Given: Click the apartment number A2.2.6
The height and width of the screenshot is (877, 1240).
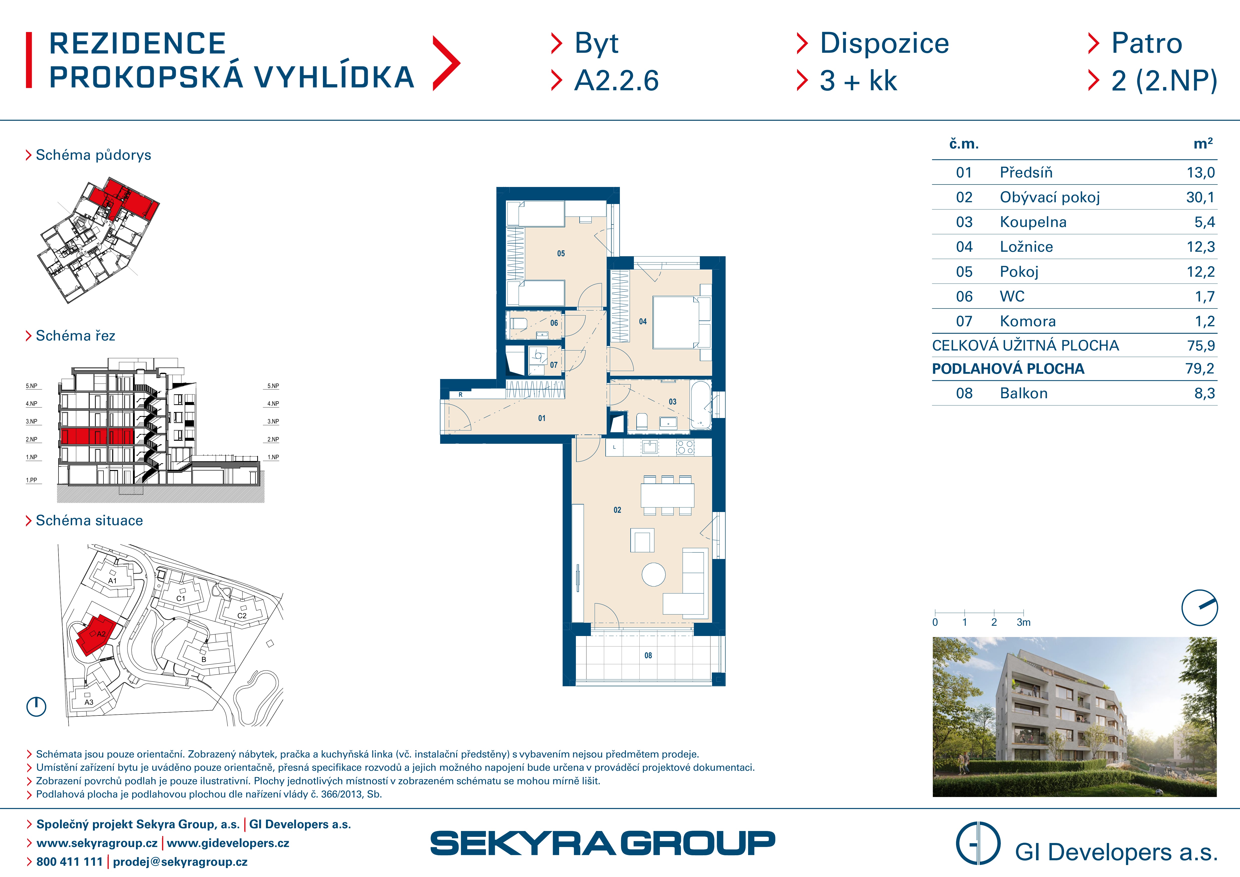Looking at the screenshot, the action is (x=616, y=81).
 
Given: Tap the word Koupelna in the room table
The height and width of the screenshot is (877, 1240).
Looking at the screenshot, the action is (x=1033, y=222).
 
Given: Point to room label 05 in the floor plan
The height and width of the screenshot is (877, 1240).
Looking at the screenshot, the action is (x=561, y=253).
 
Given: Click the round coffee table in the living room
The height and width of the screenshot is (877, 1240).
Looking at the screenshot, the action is (x=653, y=574).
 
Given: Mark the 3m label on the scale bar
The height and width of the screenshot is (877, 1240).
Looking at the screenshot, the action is (x=1024, y=622).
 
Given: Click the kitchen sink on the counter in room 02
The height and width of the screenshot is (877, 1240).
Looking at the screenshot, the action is (x=649, y=446).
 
